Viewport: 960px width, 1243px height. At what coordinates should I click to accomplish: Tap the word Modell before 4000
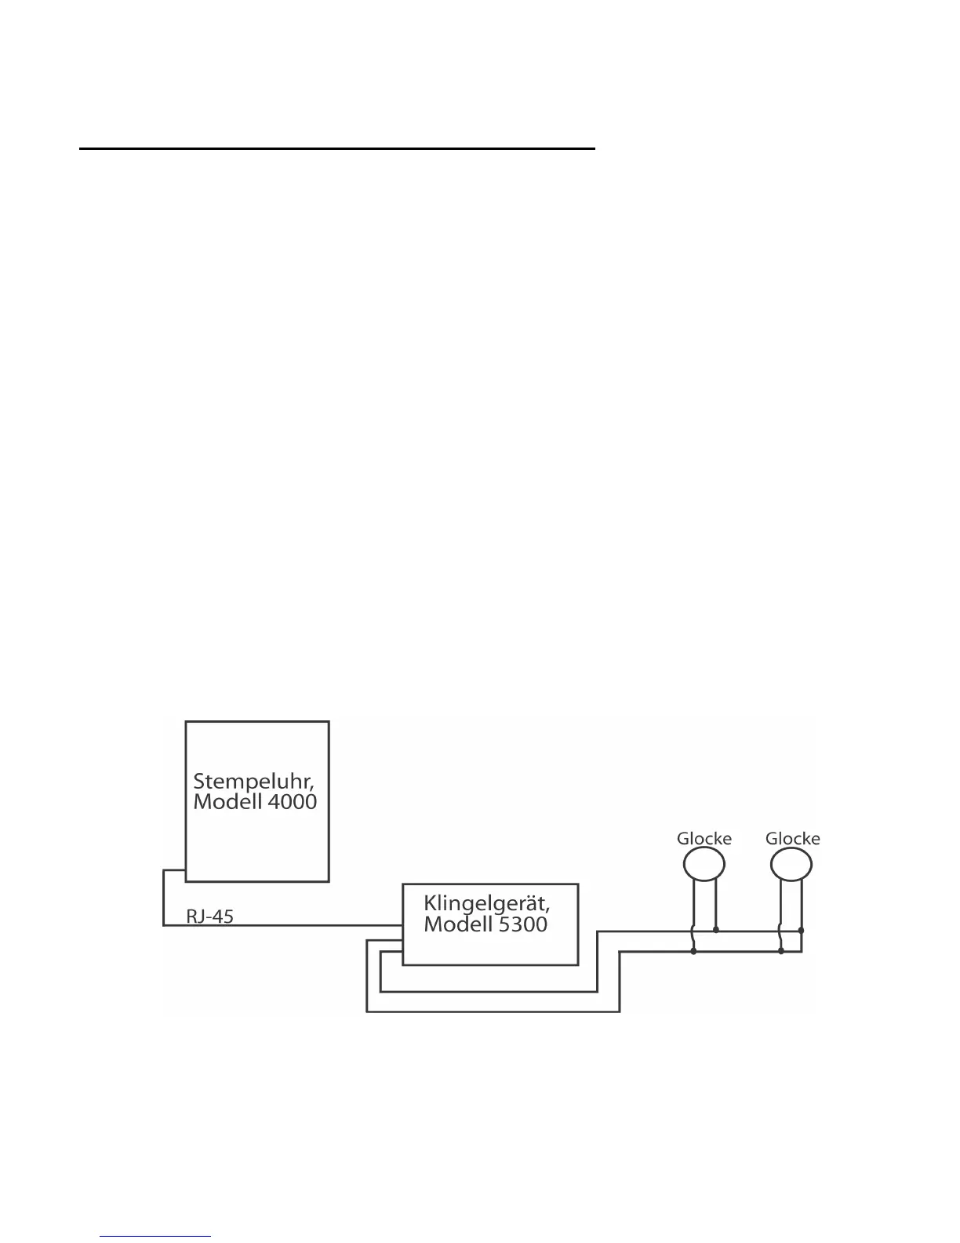click(226, 802)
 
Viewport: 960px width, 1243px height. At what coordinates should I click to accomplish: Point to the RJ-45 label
click(209, 916)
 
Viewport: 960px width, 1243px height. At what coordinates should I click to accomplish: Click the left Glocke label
click(704, 839)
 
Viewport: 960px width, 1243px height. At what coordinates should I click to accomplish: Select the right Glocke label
click(792, 839)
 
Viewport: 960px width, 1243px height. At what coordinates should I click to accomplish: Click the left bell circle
click(704, 865)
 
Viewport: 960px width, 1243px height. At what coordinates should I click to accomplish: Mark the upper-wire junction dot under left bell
click(716, 931)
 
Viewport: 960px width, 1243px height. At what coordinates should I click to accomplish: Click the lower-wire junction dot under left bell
click(693, 952)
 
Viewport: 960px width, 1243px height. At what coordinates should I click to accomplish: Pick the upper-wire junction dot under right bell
click(801, 931)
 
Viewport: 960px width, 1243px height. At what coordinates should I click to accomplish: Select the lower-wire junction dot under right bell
click(781, 952)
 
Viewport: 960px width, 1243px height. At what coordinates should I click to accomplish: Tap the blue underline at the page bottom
click(156, 1237)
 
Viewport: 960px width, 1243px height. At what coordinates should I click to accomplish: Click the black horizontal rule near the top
click(337, 148)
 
